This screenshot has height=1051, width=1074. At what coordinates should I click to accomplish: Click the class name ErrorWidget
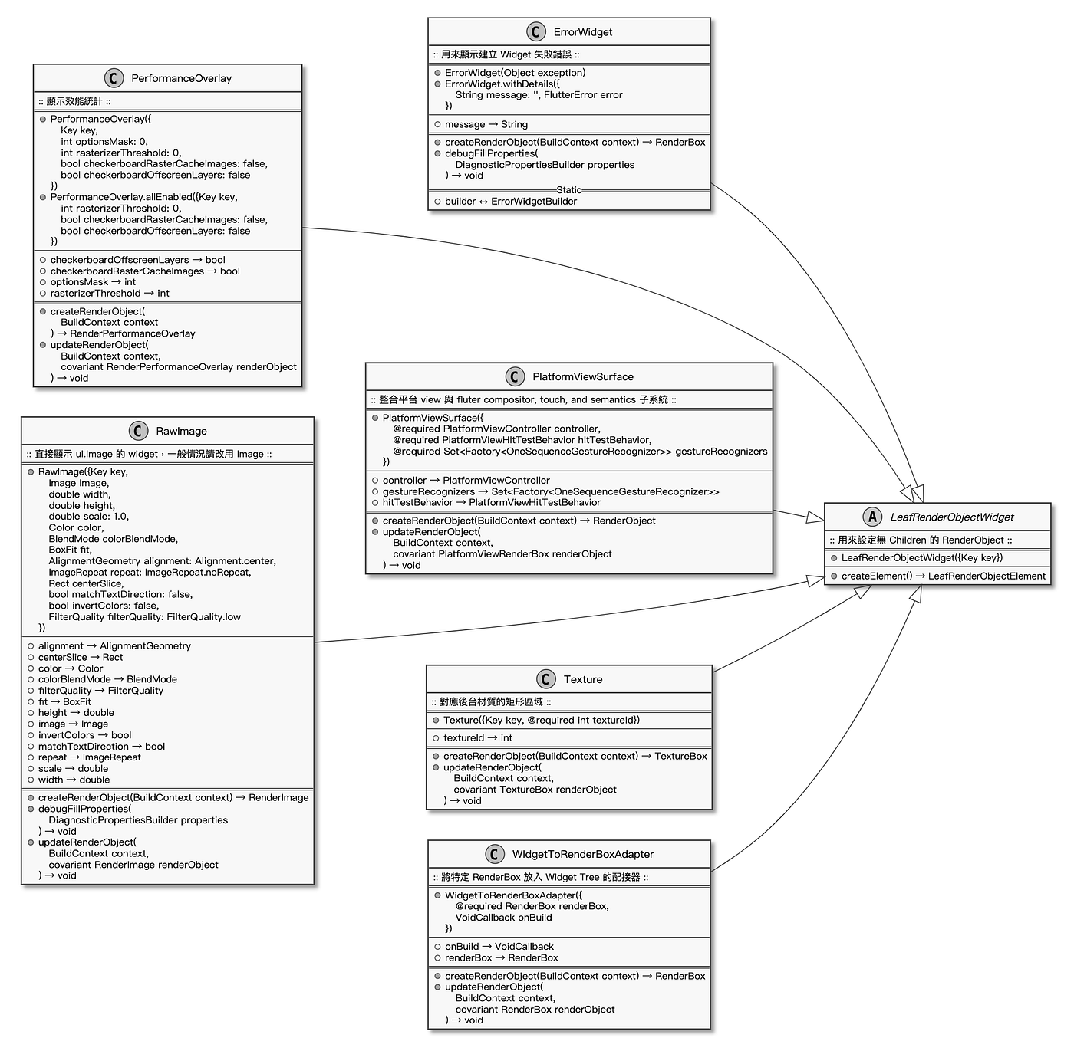pos(582,32)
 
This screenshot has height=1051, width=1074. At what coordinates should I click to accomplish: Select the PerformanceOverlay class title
pos(181,78)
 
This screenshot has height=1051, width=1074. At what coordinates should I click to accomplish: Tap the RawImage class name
pos(181,431)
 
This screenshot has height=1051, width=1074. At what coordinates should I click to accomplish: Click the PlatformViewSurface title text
pos(583,376)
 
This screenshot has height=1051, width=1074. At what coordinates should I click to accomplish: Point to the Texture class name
pos(583,679)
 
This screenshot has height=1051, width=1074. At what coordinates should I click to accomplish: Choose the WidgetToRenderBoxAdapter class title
pos(583,854)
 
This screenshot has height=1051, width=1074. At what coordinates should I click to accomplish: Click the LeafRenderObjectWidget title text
pos(952,517)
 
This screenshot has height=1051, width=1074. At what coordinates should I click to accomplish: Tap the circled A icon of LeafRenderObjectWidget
pos(872,517)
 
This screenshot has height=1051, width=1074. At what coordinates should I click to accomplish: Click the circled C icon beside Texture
pos(545,679)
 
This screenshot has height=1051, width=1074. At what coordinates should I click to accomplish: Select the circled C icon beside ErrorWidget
pos(536,32)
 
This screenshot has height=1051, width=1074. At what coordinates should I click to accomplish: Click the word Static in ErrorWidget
pos(568,190)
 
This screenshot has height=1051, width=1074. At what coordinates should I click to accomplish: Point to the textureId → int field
pos(477,738)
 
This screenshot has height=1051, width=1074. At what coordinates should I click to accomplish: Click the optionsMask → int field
pos(93,282)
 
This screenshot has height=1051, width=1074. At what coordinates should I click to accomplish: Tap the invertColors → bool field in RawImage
pos(84,735)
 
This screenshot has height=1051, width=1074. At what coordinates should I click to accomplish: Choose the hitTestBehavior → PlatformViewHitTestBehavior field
pos(491,503)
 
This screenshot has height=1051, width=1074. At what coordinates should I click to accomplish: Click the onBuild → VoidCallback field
pos(499,947)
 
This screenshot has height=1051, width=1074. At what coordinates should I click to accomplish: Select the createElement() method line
pos(943,576)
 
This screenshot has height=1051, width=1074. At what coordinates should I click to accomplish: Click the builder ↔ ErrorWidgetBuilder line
pos(510,202)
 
